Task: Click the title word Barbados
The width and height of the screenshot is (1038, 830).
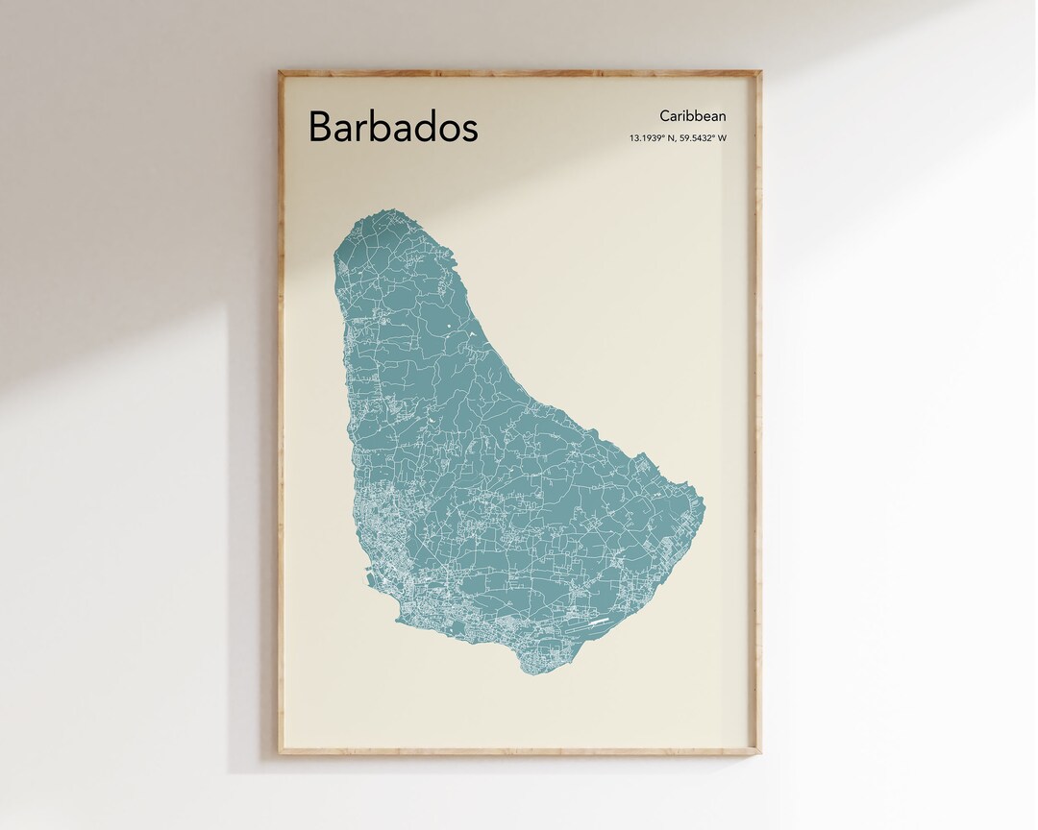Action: pyautogui.click(x=392, y=127)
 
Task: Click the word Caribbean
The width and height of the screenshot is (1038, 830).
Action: pyautogui.click(x=692, y=116)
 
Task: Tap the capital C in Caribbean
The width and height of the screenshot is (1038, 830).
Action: pyautogui.click(x=665, y=116)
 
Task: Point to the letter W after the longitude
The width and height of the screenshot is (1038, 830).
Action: pyautogui.click(x=722, y=138)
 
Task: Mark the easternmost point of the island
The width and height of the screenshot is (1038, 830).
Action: pyautogui.click(x=704, y=502)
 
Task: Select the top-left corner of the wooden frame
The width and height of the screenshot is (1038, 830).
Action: pyautogui.click(x=280, y=72)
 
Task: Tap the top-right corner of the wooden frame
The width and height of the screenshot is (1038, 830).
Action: pyautogui.click(x=759, y=72)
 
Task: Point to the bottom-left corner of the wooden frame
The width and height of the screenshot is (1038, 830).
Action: pyautogui.click(x=280, y=752)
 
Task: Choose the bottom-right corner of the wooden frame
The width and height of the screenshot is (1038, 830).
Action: pyautogui.click(x=759, y=752)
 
